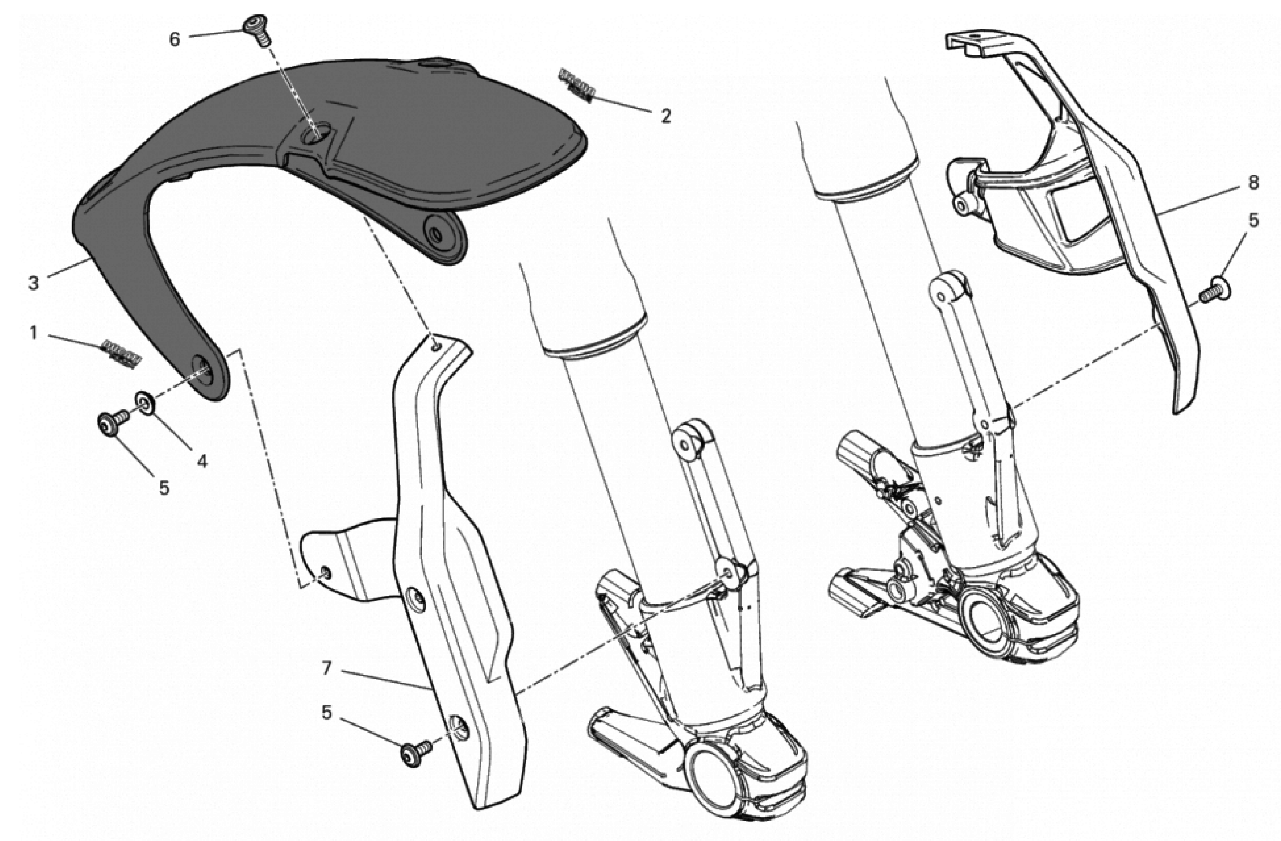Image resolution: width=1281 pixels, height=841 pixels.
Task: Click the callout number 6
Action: point(175,39)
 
